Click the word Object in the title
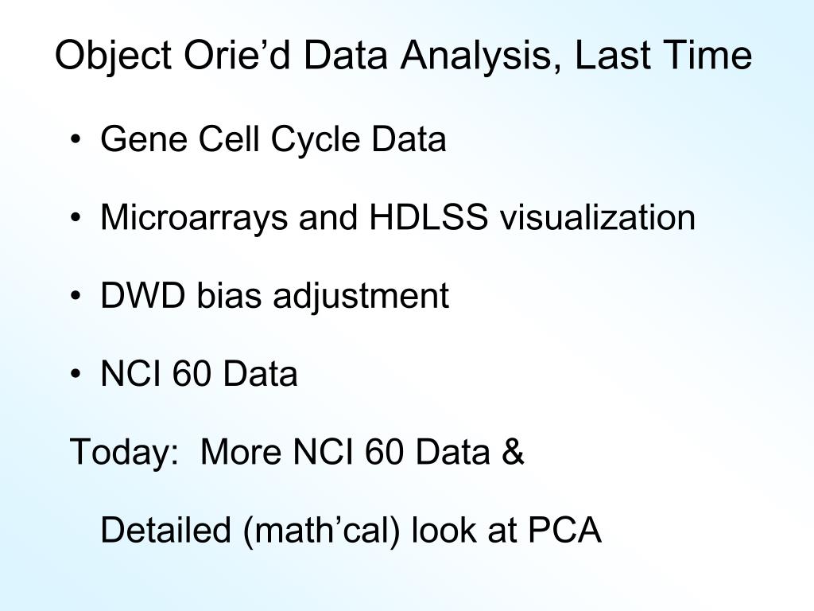113,56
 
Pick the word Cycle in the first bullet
315,140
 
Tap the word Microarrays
194,218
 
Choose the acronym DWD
143,295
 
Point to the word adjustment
361,297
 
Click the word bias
228,295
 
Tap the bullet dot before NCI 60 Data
76,374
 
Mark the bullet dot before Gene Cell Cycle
76,139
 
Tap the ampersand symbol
513,452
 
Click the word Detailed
165,530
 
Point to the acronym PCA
564,530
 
